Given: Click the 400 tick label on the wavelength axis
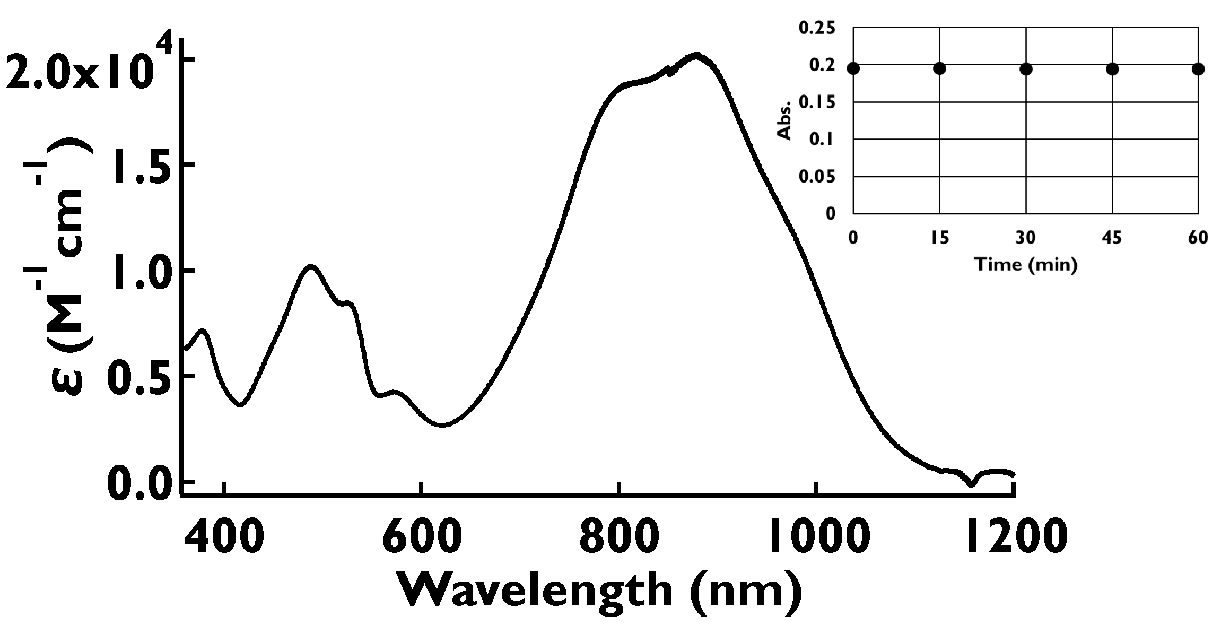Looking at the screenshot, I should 224,537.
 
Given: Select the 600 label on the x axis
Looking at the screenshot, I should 422,537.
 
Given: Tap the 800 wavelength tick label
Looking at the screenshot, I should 619,537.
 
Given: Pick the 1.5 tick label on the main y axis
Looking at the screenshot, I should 140,166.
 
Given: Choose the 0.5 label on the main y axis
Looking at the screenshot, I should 140,377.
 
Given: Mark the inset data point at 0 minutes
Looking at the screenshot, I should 853,68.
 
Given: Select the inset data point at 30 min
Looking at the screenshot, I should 1026,69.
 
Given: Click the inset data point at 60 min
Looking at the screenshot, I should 1198,69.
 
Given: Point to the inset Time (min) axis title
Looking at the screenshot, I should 1026,264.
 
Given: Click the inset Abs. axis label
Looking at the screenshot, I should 784,120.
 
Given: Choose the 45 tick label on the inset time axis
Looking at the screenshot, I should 1112,238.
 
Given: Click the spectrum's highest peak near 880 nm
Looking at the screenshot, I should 696,55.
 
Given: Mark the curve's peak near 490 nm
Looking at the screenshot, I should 311,267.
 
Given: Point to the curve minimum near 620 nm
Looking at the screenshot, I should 443,424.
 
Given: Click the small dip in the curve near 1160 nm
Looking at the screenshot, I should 971,483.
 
